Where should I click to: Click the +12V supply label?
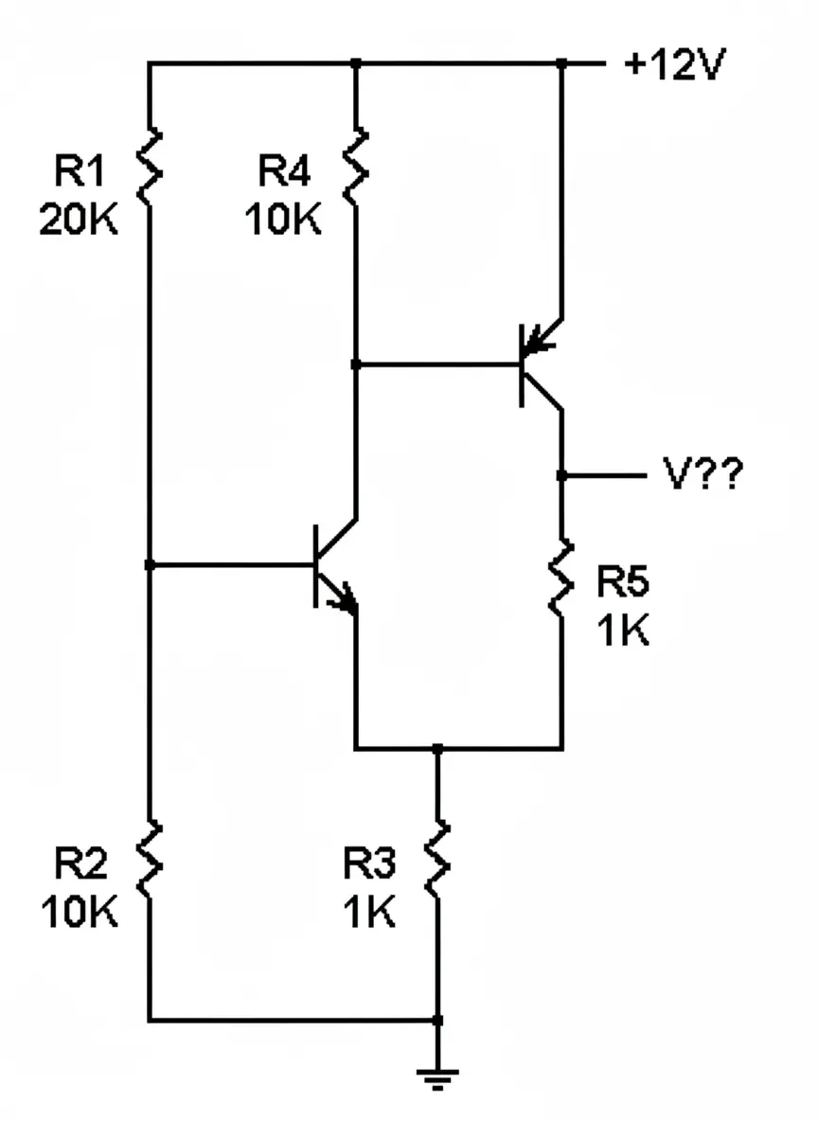tap(675, 67)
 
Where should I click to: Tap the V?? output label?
tap(702, 476)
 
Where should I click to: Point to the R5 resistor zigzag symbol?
tap(562, 578)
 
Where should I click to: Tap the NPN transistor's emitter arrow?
tap(345, 596)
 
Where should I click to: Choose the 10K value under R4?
tap(283, 220)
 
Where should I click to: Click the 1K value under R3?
tap(369, 913)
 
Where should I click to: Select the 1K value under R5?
tap(622, 631)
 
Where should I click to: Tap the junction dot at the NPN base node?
tap(150, 565)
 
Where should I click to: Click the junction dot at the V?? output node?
tap(562, 475)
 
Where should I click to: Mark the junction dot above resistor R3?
tap(436, 749)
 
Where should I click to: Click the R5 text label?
tap(622, 582)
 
